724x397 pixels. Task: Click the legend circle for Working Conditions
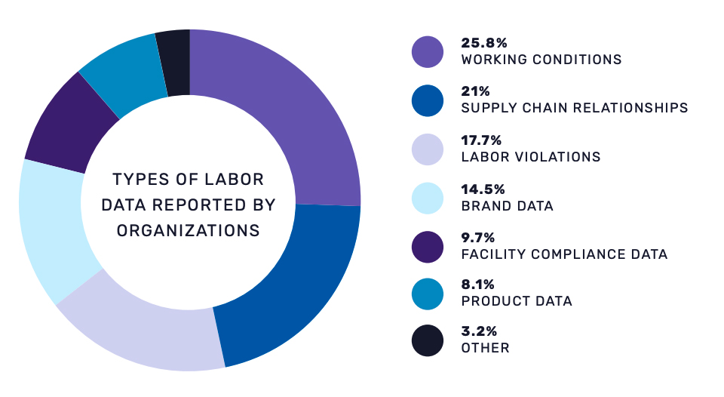coord(428,51)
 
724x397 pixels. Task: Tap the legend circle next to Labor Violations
coord(428,149)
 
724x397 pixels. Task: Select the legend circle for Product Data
coord(428,294)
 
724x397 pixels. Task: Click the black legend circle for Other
coord(428,340)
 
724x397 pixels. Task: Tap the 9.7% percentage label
coord(477,238)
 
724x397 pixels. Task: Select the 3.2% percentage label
coord(477,332)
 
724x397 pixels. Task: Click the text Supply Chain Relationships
coord(574,108)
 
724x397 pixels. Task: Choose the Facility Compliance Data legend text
coord(564,254)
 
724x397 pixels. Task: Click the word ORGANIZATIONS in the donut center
coord(188,230)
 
